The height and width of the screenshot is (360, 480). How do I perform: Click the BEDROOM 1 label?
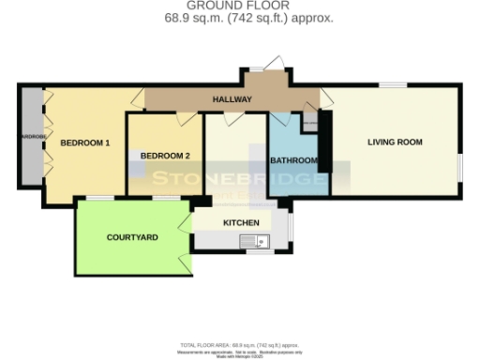coord(85,143)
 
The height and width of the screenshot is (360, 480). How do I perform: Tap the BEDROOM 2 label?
coord(165,156)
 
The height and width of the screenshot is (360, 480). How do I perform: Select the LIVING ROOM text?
coord(395,142)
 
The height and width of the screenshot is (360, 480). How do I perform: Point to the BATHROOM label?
coord(293,160)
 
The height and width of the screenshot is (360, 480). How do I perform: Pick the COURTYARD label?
coord(132,237)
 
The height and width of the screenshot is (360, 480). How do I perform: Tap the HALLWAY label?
coord(231,97)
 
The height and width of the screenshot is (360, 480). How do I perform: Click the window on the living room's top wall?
coord(392,86)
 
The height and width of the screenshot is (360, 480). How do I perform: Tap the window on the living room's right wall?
coord(460,165)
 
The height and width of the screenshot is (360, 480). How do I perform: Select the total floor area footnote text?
coord(240,346)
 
